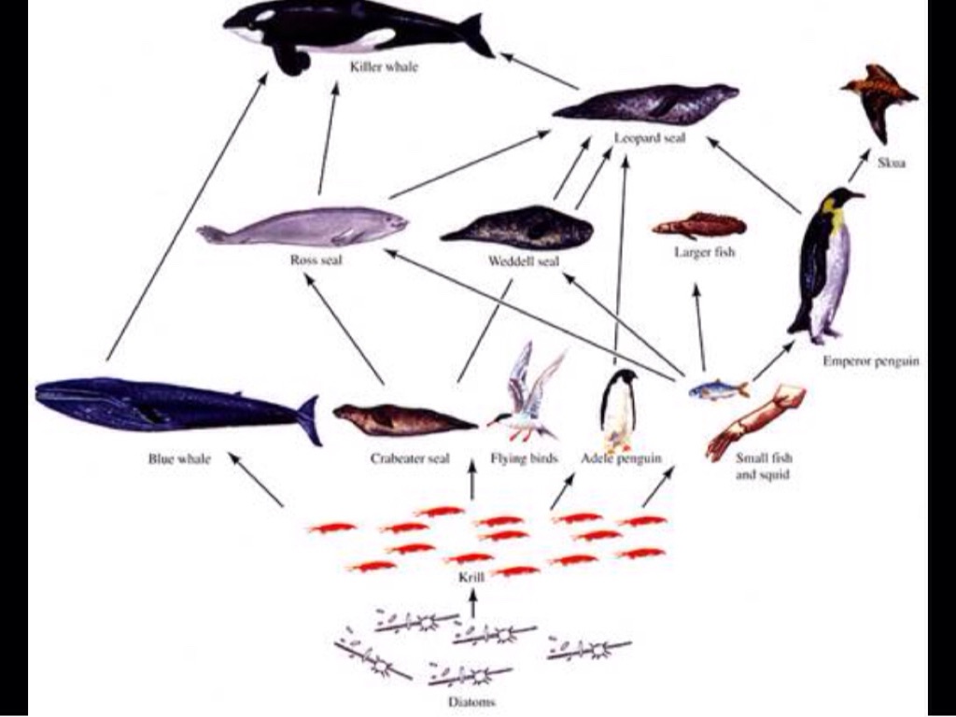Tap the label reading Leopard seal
[650, 138]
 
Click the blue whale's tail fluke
[309, 419]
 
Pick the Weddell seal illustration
[519, 228]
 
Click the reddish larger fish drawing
[700, 225]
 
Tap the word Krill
[472, 578]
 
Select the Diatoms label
[470, 701]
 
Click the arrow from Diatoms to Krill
[472, 607]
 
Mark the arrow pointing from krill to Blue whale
[256, 480]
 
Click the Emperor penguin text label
[870, 361]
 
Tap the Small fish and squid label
[764, 466]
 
